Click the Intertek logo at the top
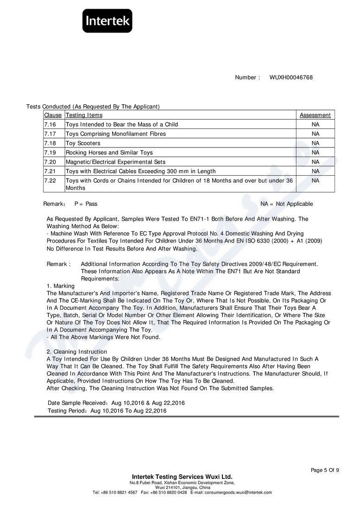pyautogui.click(x=107, y=21)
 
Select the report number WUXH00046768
pyautogui.click(x=291, y=77)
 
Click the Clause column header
pyautogui.click(x=53, y=115)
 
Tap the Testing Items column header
pyautogui.click(x=84, y=115)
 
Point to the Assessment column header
pyautogui.click(x=315, y=115)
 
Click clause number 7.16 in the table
pyautogui.click(x=50, y=125)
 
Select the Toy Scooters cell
pyautogui.click(x=83, y=143)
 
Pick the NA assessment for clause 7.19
pyautogui.click(x=315, y=153)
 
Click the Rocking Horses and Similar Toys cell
pyautogui.click(x=109, y=153)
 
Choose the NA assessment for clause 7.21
pyautogui.click(x=315, y=171)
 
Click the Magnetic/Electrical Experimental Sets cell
pyautogui.click(x=115, y=162)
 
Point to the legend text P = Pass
pyautogui.click(x=86, y=204)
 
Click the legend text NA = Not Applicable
pyautogui.click(x=286, y=204)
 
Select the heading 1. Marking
pyautogui.click(x=60, y=286)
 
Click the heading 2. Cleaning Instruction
pyautogui.click(x=77, y=352)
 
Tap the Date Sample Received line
pyautogui.click(x=116, y=403)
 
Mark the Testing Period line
pyautogui.click(x=107, y=411)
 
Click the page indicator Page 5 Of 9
pyautogui.click(x=324, y=470)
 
